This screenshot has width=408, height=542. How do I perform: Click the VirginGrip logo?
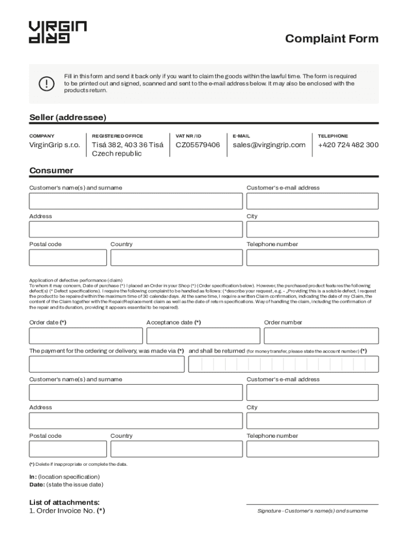[57, 32]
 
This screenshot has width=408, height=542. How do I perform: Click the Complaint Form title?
[332, 39]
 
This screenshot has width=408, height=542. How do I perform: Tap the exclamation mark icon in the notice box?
[47, 84]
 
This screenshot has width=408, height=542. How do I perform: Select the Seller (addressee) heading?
[67, 117]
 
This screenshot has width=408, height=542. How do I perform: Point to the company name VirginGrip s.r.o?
[55, 145]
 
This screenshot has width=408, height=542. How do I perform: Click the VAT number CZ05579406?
[198, 145]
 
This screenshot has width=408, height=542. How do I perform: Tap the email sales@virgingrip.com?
[269, 145]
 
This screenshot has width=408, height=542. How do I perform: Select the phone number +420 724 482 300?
[348, 145]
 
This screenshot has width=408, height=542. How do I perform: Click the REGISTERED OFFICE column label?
[117, 136]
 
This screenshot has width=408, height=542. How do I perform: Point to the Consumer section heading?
[51, 170]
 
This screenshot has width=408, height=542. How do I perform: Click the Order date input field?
[86, 336]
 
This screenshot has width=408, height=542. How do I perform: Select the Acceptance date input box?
[203, 336]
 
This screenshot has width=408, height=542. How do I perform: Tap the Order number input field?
[321, 336]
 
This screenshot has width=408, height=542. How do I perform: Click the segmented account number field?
[283, 364]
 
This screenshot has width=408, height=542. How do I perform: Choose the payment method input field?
[107, 364]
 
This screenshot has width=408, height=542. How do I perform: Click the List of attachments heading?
[64, 502]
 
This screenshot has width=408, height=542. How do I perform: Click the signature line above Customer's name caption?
[312, 504]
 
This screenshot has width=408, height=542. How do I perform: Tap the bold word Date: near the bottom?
[37, 484]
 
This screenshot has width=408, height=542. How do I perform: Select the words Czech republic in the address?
[117, 153]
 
